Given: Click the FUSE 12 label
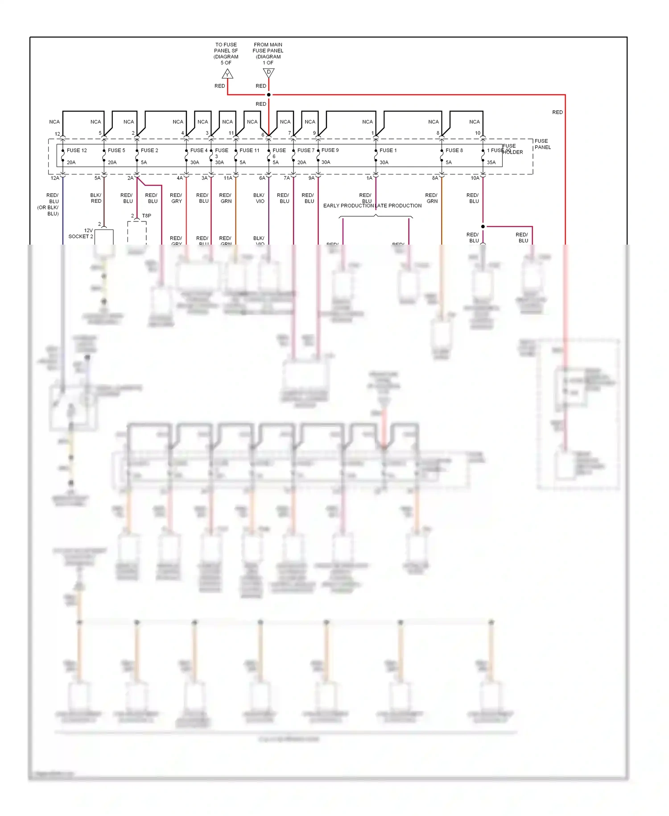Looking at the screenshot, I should point(77,150).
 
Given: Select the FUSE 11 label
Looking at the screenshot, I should point(249,150).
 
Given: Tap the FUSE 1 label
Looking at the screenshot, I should point(388,150).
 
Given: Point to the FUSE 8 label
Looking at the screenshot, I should point(454,150).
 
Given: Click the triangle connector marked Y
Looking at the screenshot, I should point(227,74).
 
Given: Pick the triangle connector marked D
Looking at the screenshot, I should point(268,72).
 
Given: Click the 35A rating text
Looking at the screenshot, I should point(491,162).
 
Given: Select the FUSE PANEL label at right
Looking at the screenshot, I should point(542,144).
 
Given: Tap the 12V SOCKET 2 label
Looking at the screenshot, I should point(81,233).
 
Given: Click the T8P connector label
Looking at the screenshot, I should point(146,216).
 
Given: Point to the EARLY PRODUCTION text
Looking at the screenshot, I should point(348,206).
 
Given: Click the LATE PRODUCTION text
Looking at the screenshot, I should point(398,206).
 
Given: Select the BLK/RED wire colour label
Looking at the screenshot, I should point(96,198).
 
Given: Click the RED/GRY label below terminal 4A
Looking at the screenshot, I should point(176,198).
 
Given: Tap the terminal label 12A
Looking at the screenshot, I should point(55,178).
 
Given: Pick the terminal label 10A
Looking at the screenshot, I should point(475,178).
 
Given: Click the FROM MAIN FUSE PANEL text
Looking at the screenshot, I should point(268,50).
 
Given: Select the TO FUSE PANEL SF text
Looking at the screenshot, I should point(226,50).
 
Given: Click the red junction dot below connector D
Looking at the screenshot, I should point(268,95).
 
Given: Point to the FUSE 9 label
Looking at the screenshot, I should point(330,150).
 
